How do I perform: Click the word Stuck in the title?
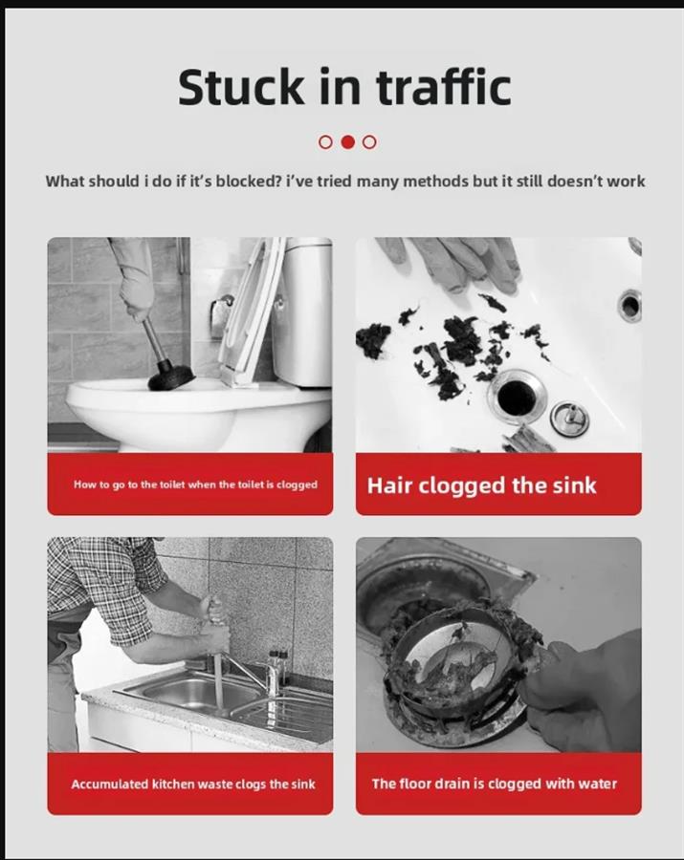pos(240,87)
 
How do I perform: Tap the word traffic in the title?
pos(444,86)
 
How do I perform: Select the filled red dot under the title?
pos(347,142)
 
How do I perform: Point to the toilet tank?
pos(302,310)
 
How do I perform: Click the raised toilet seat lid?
pos(252,310)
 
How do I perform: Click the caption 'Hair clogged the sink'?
pos(481,485)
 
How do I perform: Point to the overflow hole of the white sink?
pos(630,306)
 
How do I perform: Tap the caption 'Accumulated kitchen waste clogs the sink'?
pos(193,785)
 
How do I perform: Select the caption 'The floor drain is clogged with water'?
pos(494,784)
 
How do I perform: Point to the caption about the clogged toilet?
pos(195,484)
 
